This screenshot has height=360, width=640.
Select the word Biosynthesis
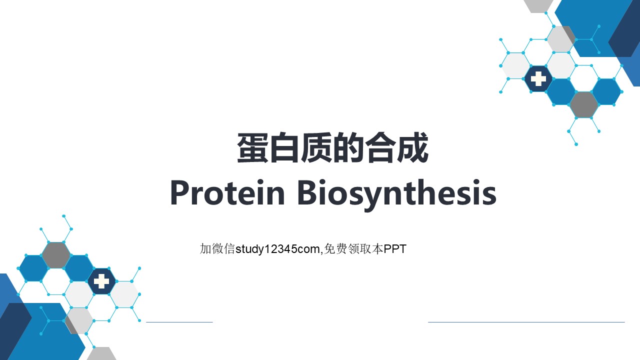(397, 195)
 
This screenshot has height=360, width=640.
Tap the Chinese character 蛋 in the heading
(253, 147)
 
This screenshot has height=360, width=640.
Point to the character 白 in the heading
(284, 147)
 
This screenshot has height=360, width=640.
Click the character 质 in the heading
(316, 147)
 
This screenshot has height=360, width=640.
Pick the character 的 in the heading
(348, 147)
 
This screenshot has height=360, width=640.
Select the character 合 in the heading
(380, 147)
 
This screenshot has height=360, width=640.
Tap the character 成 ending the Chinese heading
(412, 147)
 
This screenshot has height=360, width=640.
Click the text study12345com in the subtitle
(277, 249)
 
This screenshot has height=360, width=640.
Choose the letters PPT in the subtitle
(395, 249)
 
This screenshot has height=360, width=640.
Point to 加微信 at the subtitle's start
(217, 249)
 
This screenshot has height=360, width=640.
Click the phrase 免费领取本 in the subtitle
(353, 249)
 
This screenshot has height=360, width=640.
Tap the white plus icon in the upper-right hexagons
(538, 79)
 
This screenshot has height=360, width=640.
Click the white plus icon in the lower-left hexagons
(101, 281)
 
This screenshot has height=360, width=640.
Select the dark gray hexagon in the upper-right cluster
(583, 105)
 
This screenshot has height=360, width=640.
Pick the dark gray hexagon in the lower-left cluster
(56, 255)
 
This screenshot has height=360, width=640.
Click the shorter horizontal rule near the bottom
(179, 322)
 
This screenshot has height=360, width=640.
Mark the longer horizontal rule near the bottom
(526, 322)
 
